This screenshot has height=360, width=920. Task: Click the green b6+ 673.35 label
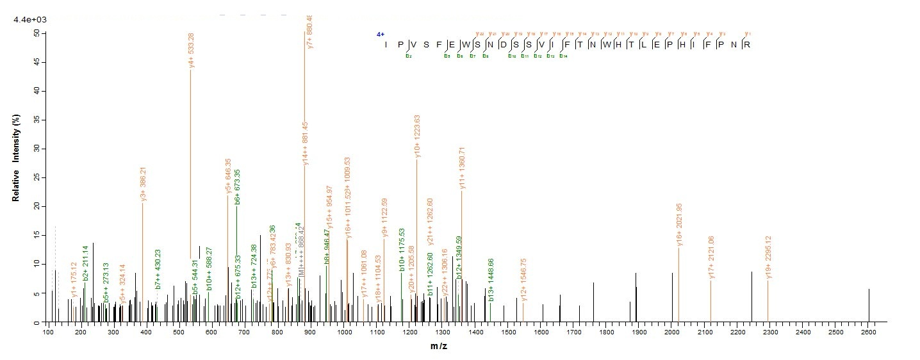click(x=238, y=186)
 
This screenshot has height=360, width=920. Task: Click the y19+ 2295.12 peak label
click(x=768, y=258)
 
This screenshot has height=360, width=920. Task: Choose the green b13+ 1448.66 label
click(x=491, y=281)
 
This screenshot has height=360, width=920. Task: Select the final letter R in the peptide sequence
click(x=746, y=45)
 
